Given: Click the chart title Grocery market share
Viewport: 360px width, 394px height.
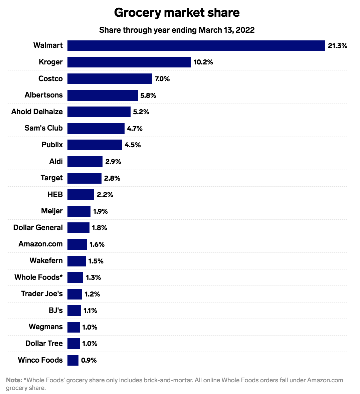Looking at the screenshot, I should pyautogui.click(x=177, y=13).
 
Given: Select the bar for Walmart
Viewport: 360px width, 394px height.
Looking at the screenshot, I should pyautogui.click(x=196, y=46).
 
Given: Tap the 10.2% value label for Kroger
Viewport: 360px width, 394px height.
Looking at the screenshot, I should pyautogui.click(x=203, y=62).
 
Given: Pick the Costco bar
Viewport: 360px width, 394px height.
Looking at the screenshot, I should pyautogui.click(x=110, y=79).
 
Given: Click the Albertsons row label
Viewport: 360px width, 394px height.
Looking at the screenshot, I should pyautogui.click(x=43, y=95).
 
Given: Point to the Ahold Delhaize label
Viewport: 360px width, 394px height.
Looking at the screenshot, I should pyautogui.click(x=37, y=112).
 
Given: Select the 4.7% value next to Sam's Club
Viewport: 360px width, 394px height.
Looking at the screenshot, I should pyautogui.click(x=135, y=128).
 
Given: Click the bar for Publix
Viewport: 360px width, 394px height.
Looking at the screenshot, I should pyautogui.click(x=95, y=145).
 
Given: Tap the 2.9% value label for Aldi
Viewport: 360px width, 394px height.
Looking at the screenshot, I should pyautogui.click(x=113, y=162).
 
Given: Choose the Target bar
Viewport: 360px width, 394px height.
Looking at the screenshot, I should pyautogui.click(x=84, y=178).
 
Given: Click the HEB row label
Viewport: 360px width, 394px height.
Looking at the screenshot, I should pyautogui.click(x=55, y=194).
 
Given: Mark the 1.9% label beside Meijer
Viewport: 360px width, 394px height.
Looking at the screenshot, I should pyautogui.click(x=100, y=211).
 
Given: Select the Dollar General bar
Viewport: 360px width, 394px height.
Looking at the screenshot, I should pyautogui.click(x=78, y=228).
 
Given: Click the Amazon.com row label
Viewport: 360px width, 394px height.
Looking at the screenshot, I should pyautogui.click(x=40, y=244).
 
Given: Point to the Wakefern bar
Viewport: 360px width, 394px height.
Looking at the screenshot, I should pyautogui.click(x=76, y=261).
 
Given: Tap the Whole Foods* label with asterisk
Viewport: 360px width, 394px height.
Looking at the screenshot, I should pyautogui.click(x=38, y=277).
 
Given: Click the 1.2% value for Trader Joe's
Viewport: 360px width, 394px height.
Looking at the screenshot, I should pyautogui.click(x=92, y=294).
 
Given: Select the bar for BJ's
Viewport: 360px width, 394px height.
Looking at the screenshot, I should pyautogui.click(x=74, y=311).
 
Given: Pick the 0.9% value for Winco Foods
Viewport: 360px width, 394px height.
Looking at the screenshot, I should pyautogui.click(x=89, y=360).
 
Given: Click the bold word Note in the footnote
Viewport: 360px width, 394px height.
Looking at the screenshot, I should pyautogui.click(x=14, y=380).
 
